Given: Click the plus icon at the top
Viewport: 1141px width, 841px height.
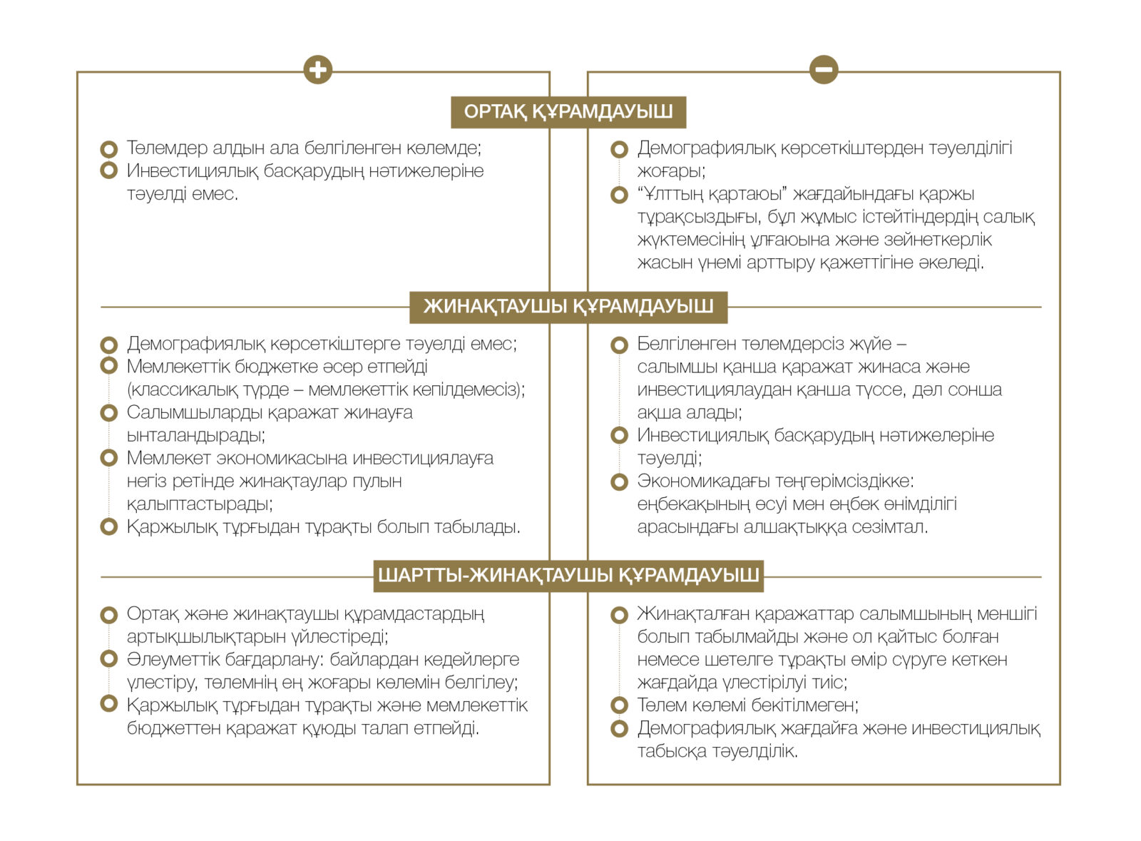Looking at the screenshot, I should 317,70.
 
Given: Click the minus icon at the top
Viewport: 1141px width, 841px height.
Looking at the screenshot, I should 824,70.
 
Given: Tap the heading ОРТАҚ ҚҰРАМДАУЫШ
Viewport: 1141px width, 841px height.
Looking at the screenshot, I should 568,112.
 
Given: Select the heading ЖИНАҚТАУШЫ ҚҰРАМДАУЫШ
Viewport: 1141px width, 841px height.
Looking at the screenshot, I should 568,307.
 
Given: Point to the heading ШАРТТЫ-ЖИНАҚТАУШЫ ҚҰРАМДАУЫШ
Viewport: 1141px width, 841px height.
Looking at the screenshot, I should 568,576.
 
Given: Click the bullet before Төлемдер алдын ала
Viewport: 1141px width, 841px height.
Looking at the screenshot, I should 108,149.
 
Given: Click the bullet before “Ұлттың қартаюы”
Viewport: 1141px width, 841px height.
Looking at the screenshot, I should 619,195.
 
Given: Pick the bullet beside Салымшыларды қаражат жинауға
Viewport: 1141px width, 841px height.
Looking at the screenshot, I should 108,412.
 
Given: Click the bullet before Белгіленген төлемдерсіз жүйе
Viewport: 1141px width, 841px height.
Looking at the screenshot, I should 619,345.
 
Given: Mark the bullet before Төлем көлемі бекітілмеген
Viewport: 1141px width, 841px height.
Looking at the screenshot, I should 619,705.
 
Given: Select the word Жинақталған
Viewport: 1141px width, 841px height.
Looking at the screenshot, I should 692,614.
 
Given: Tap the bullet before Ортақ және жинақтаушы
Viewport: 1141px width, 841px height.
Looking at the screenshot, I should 108,614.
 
